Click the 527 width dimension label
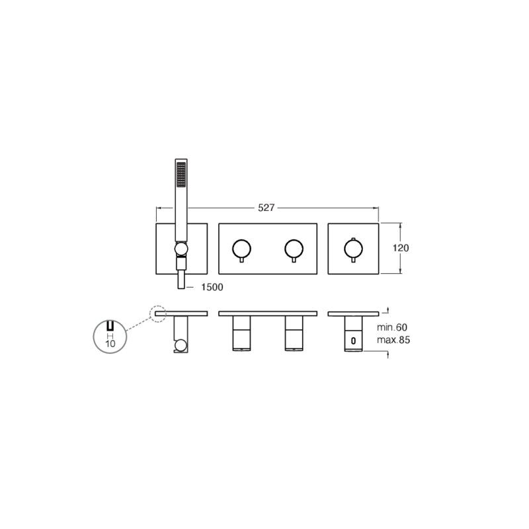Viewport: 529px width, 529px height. tap(266, 208)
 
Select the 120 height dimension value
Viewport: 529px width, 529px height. tap(401, 248)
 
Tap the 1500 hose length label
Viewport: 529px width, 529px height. tap(212, 287)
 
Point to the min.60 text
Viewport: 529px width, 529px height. tap(392, 327)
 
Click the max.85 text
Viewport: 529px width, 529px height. tap(393, 340)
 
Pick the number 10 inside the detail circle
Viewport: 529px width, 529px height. tap(110, 344)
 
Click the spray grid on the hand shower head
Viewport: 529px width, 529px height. tap(181, 175)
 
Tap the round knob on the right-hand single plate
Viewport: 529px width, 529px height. tap(353, 249)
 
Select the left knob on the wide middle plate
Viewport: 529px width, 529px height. tap(241, 249)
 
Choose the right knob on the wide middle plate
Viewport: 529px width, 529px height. tap(294, 249)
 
